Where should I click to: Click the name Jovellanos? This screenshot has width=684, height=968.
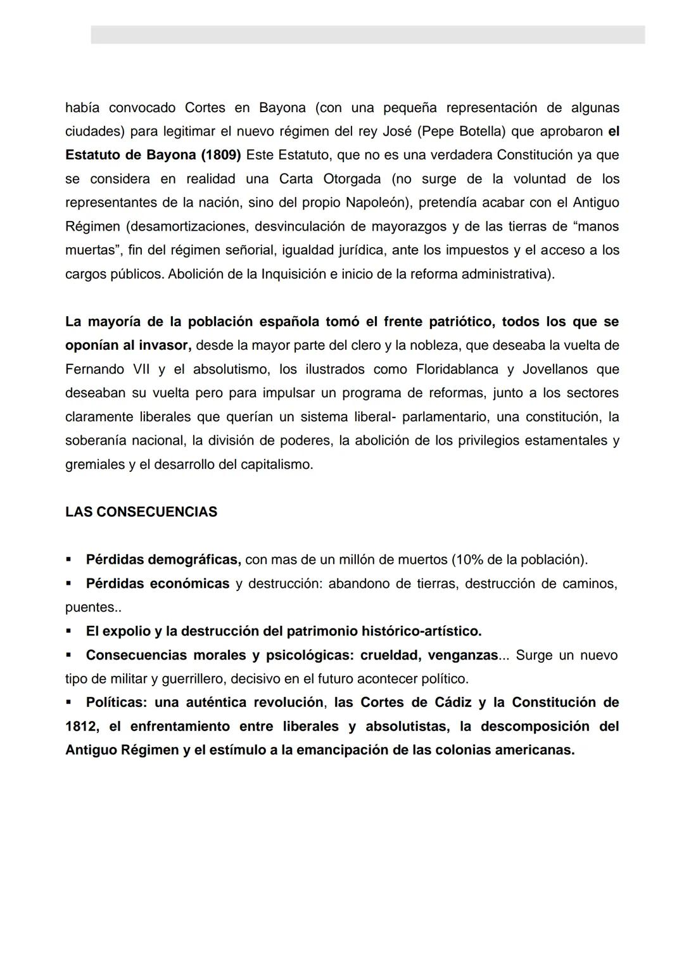click(x=552, y=369)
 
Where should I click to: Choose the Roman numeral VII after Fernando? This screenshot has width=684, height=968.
click(x=142, y=369)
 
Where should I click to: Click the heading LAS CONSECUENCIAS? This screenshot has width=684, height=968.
click(x=141, y=512)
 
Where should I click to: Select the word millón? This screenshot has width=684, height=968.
click(x=358, y=560)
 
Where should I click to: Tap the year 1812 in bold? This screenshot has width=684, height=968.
click(x=80, y=727)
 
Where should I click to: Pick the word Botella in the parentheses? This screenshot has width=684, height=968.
click(x=479, y=132)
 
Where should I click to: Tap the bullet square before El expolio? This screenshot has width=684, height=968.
click(x=68, y=632)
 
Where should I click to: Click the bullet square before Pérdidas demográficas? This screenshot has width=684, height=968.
click(x=68, y=560)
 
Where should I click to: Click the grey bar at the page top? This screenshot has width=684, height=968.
click(x=367, y=34)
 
